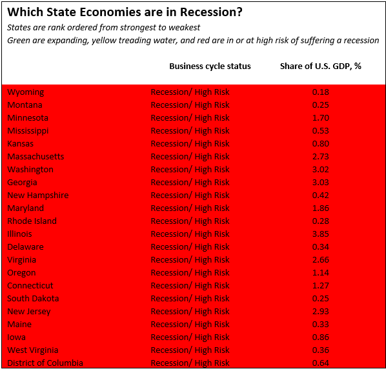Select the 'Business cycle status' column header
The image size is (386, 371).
[210, 66]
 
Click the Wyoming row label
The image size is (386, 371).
[26, 92]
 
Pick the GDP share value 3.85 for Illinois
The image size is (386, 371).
[320, 234]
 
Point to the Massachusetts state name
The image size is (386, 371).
[36, 156]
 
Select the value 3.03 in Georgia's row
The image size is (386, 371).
[320, 182]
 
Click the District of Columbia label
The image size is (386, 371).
[45, 363]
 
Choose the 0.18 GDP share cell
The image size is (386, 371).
[320, 92]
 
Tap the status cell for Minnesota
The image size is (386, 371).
[190, 117]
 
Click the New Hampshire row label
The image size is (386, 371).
[37, 195]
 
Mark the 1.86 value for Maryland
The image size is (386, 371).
[320, 208]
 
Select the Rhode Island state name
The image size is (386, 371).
[32, 221]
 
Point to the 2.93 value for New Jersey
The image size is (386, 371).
[320, 311]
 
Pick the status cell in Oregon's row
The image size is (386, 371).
[190, 272]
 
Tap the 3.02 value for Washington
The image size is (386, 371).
[320, 169]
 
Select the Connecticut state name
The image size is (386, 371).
[30, 285]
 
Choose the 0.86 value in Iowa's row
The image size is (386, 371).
[320, 337]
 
